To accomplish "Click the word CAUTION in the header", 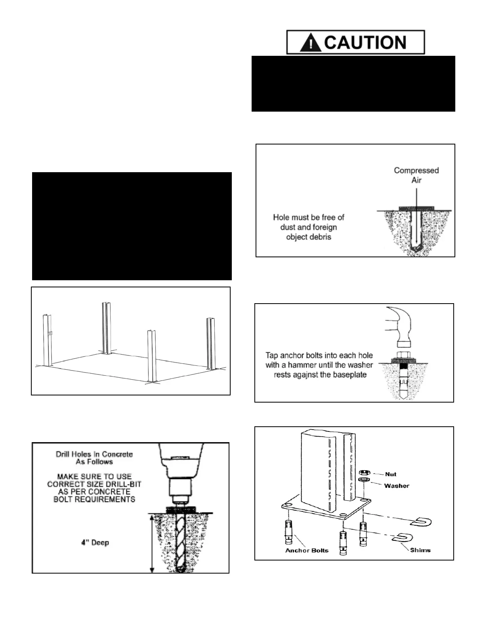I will [365, 42].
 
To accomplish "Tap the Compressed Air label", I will [416, 175].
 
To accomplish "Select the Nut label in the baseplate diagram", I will [390, 474].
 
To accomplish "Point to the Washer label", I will [397, 486].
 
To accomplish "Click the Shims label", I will [420, 550].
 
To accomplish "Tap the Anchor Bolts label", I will [307, 550].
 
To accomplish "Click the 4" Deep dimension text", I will [95, 542].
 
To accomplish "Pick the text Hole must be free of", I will [309, 217].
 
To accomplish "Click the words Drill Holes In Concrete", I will [94, 454].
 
